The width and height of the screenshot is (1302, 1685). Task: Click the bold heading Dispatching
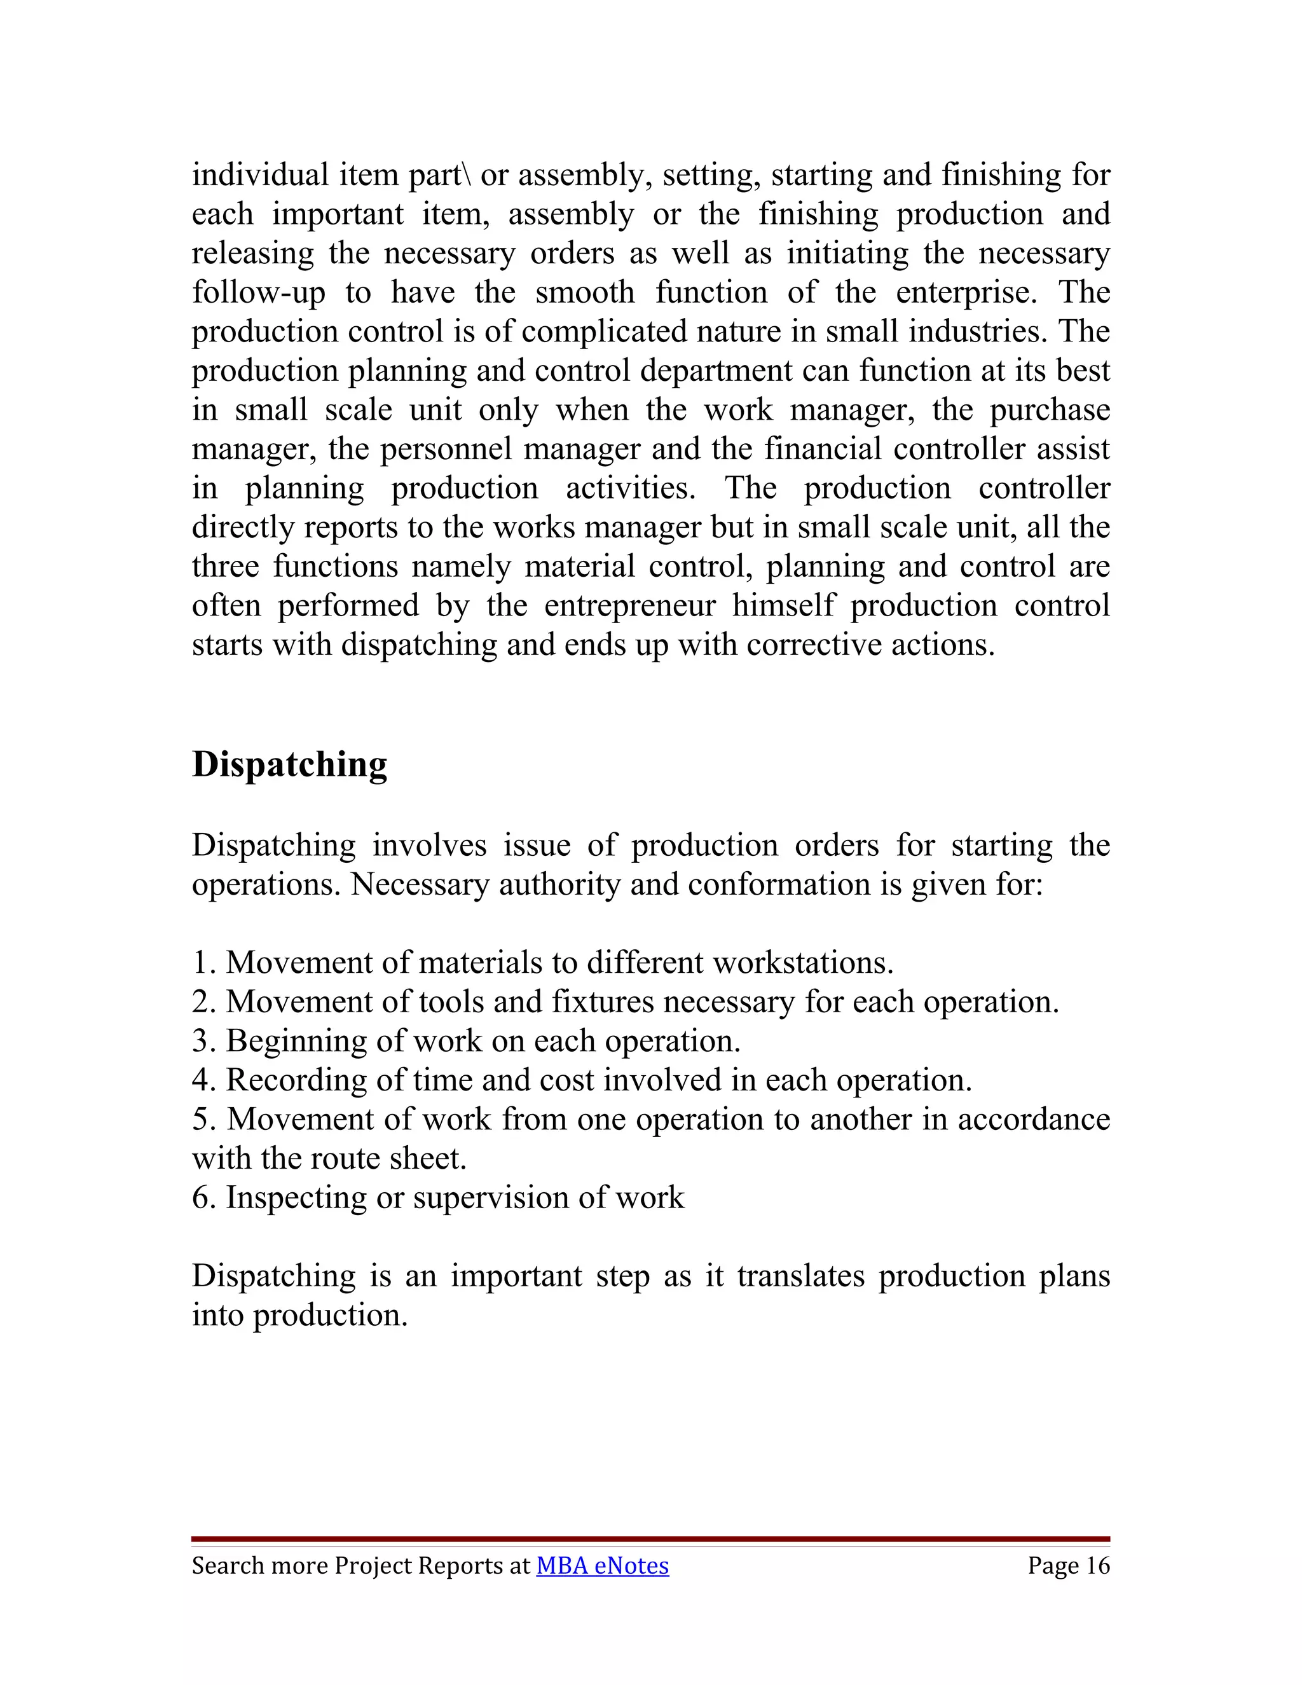(x=289, y=764)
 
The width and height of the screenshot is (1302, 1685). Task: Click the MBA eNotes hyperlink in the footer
(x=603, y=1565)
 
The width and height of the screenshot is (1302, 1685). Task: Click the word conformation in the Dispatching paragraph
(x=779, y=885)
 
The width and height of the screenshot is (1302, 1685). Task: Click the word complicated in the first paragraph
(x=604, y=332)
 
